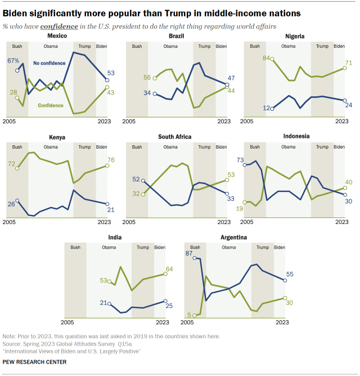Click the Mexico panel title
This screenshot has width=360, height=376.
pos(58,36)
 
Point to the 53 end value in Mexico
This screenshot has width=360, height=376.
pos(111,73)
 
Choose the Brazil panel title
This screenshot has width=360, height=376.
pos(177,36)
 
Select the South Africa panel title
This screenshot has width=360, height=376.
pos(174,137)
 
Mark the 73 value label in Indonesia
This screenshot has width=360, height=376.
pos(240,161)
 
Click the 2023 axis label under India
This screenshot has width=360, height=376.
pos(163,322)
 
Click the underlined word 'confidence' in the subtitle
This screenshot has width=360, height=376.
pos(52,26)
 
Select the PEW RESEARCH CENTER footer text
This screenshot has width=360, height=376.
pos(35,361)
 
